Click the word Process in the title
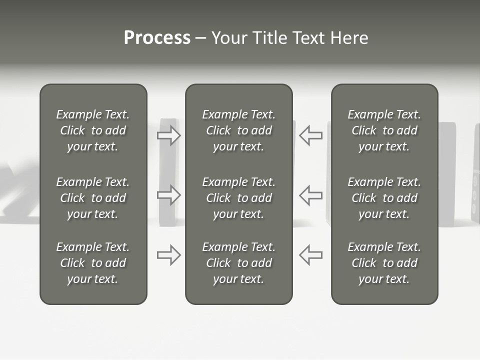[x=157, y=38]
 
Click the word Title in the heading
[x=268, y=38]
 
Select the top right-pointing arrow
[x=169, y=135]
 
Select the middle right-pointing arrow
[x=169, y=195]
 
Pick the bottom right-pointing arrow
[x=169, y=255]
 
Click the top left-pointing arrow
[x=310, y=135]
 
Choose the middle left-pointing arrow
[x=310, y=195]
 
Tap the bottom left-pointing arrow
[x=310, y=255]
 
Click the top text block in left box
[x=93, y=130]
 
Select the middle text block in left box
[x=93, y=198]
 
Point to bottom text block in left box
[x=93, y=263]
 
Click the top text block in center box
[x=238, y=130]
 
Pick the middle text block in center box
[x=238, y=198]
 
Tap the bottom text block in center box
[x=238, y=263]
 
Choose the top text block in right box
[x=384, y=130]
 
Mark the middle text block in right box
[x=384, y=198]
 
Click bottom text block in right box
[x=384, y=263]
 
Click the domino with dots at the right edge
[x=475, y=175]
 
